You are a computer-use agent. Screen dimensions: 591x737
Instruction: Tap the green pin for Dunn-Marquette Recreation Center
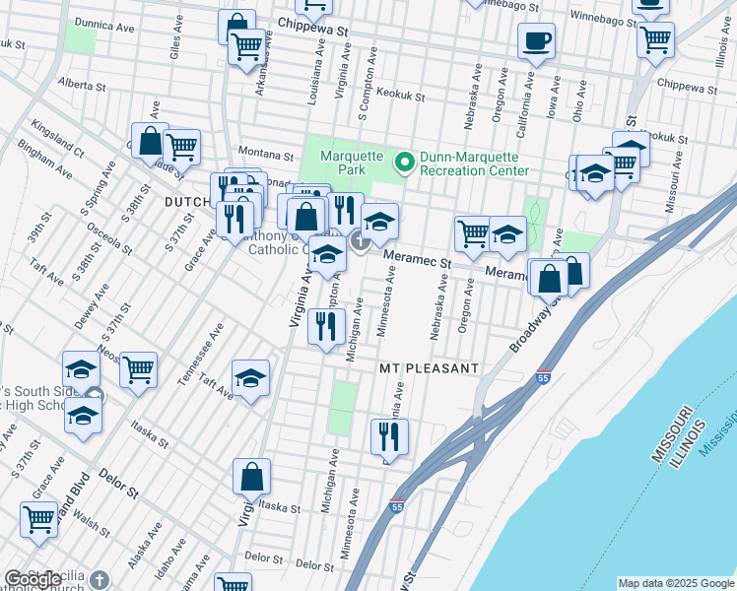404,162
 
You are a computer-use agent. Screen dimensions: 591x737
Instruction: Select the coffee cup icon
536,41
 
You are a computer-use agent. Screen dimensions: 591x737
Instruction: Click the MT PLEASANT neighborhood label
430,367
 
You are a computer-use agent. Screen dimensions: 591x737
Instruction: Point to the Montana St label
269,156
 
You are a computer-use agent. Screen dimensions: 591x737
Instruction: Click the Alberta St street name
83,85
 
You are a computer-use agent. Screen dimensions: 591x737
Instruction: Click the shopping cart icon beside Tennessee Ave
139,369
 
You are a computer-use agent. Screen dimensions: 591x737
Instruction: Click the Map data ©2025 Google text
675,583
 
